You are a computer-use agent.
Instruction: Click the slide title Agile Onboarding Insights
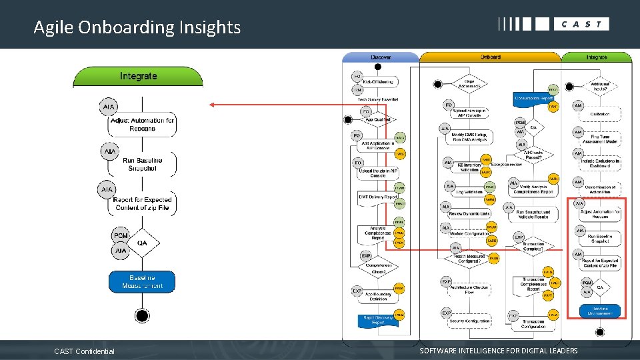137,27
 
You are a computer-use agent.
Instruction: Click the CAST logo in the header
553,24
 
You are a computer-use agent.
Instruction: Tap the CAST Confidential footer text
84,351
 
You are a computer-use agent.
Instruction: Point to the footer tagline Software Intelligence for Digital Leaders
499,351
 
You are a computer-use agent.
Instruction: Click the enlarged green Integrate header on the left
138,76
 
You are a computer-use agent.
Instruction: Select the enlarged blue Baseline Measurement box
142,281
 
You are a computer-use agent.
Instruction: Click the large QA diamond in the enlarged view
141,243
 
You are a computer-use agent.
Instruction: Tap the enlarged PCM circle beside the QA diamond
121,236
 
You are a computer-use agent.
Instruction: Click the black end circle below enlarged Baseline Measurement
141,315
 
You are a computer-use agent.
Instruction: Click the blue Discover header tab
381,57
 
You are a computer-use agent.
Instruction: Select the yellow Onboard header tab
490,57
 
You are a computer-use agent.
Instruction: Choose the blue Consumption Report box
533,99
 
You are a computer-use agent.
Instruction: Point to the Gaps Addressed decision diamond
469,84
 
